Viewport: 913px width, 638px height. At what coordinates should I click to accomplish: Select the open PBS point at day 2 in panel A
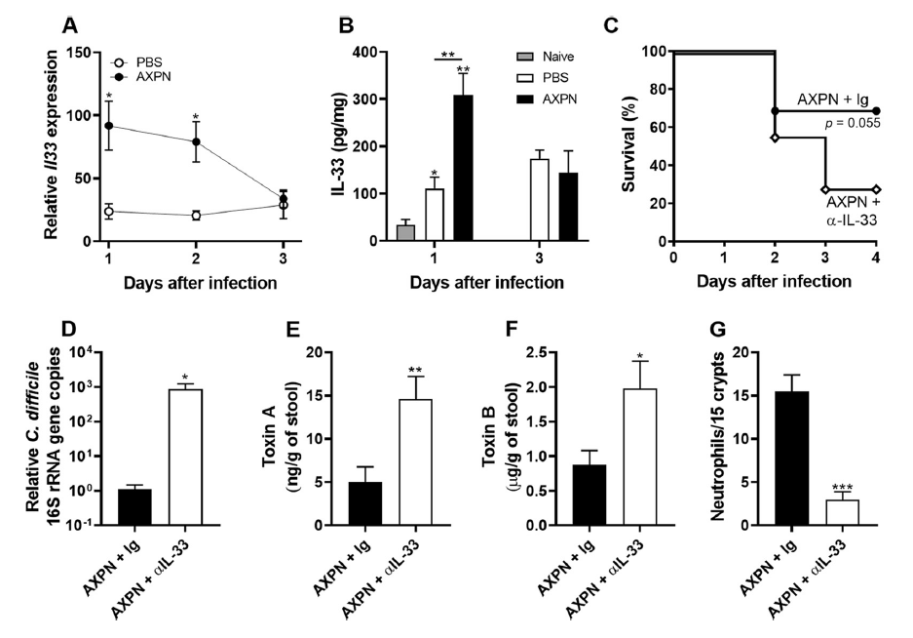(x=196, y=216)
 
